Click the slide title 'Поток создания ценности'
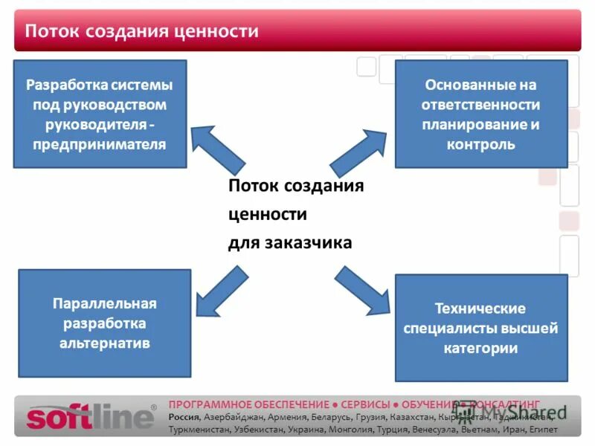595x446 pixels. [x=142, y=31]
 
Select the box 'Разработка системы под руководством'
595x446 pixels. [x=100, y=113]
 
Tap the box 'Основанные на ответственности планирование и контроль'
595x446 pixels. [x=480, y=114]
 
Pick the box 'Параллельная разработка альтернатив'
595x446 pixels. [x=104, y=323]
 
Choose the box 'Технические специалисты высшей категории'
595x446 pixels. [x=480, y=328]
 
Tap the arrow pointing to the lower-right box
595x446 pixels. [x=361, y=292]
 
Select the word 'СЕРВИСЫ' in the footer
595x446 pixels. [x=365, y=404]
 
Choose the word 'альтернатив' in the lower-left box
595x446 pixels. [x=105, y=343]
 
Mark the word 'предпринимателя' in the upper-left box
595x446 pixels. [x=100, y=143]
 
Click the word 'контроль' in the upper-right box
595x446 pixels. [x=480, y=144]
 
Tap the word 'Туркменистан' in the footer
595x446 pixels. [x=199, y=430]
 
